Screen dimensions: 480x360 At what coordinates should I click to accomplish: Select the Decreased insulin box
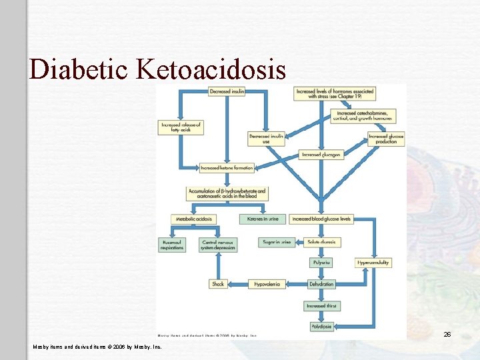[227, 91]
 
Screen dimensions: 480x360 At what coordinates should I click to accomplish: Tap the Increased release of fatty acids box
[181, 127]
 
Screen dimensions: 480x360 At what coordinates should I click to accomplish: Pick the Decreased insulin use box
[267, 138]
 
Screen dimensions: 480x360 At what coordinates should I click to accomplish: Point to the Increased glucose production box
[386, 138]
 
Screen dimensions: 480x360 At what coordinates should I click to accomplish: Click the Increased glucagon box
[321, 154]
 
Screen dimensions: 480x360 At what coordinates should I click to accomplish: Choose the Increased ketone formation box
[227, 168]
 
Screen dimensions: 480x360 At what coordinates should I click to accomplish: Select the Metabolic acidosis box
[193, 219]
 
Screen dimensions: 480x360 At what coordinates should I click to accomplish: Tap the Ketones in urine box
[263, 219]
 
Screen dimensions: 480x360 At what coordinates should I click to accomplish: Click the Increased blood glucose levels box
[321, 219]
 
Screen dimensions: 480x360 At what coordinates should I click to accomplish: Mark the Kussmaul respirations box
[171, 245]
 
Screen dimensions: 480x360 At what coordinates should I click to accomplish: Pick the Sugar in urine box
[276, 242]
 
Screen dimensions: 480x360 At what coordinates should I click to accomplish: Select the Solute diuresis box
[321, 242]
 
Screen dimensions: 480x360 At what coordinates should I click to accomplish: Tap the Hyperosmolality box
[373, 263]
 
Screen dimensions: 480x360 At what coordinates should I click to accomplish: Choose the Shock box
[218, 284]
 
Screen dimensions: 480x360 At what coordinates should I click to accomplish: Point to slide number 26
[447, 334]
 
